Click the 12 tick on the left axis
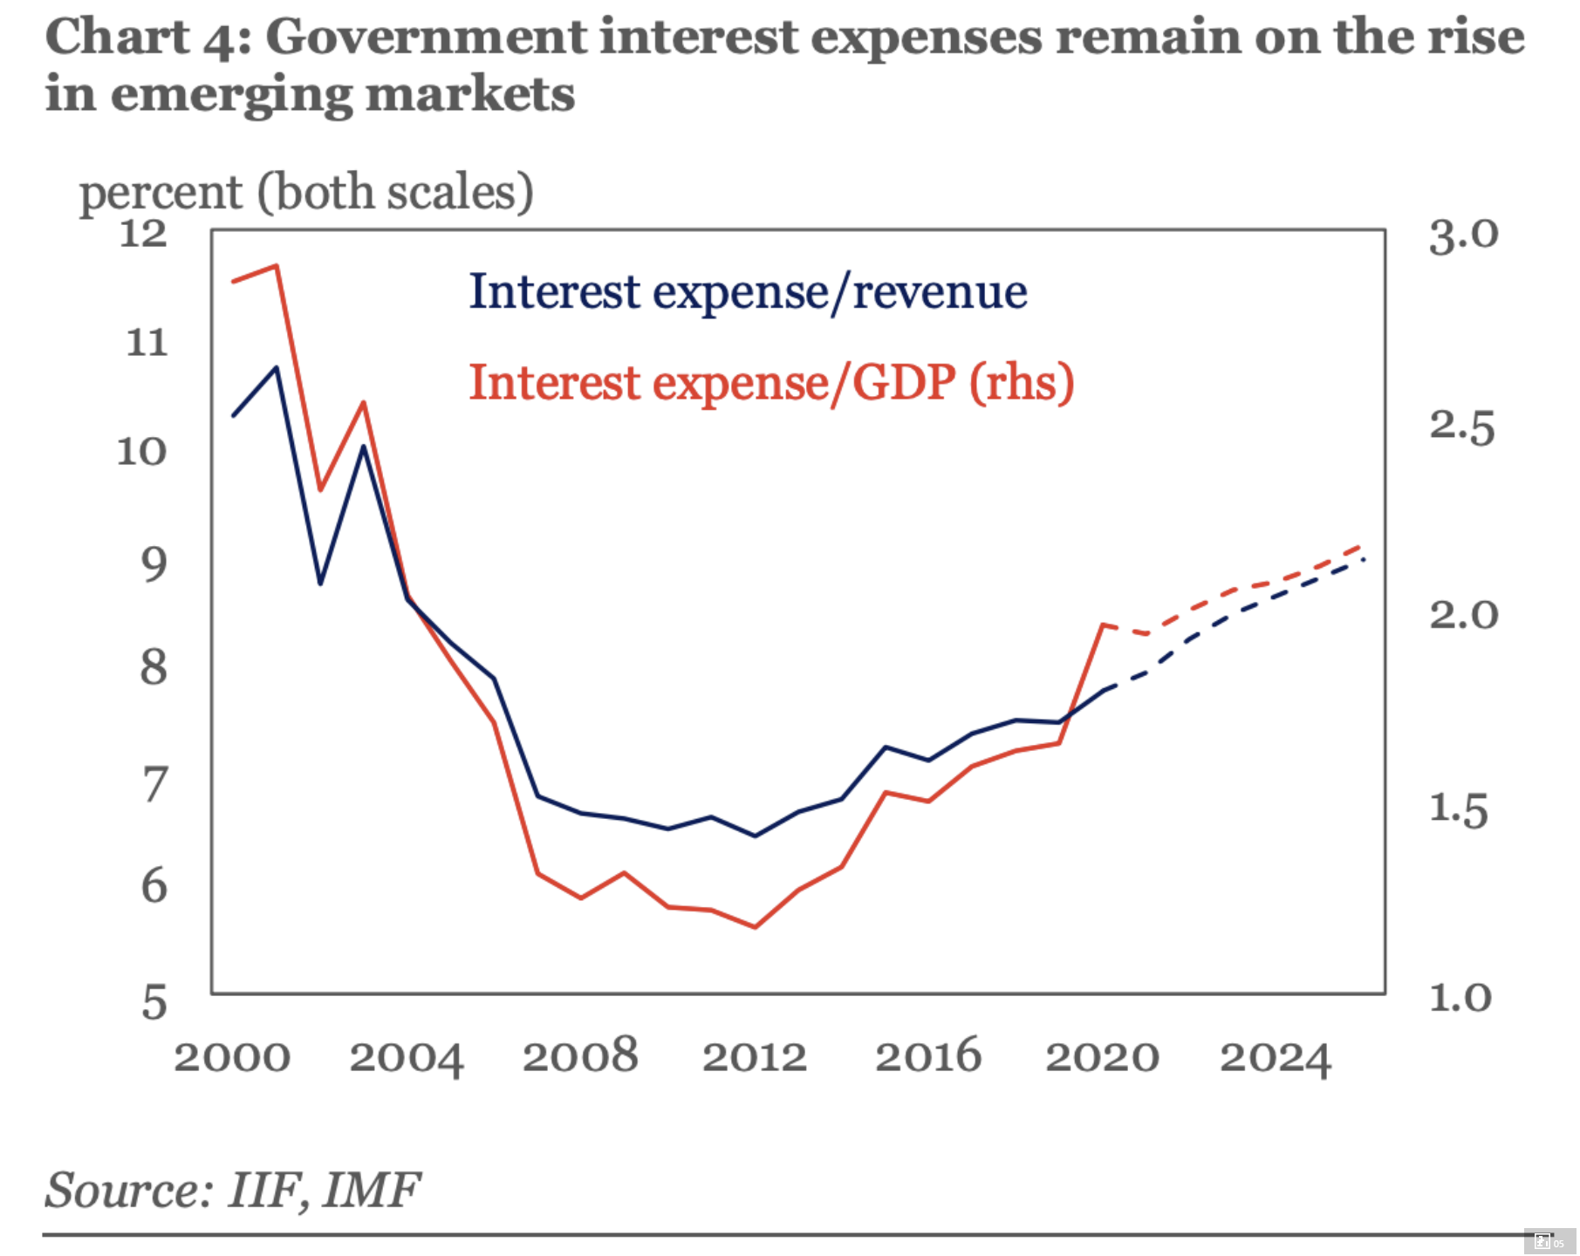coord(142,234)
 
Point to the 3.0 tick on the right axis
coord(1462,235)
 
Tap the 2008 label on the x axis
coord(580,1056)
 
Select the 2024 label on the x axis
coord(1275,1058)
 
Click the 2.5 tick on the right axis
coord(1461,427)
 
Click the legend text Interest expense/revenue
coord(748,291)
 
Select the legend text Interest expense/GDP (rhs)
coord(771,383)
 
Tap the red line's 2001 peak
coord(277,265)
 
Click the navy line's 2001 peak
coord(277,367)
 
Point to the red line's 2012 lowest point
coord(755,926)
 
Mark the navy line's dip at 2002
coord(320,583)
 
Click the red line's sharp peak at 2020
coord(1104,625)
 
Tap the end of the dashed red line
coord(1361,546)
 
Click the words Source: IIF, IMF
coord(232,1190)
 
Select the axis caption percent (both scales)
coord(306,192)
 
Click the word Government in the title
coord(426,37)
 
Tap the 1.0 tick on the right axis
coord(1460,997)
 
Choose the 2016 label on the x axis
coord(927,1056)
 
